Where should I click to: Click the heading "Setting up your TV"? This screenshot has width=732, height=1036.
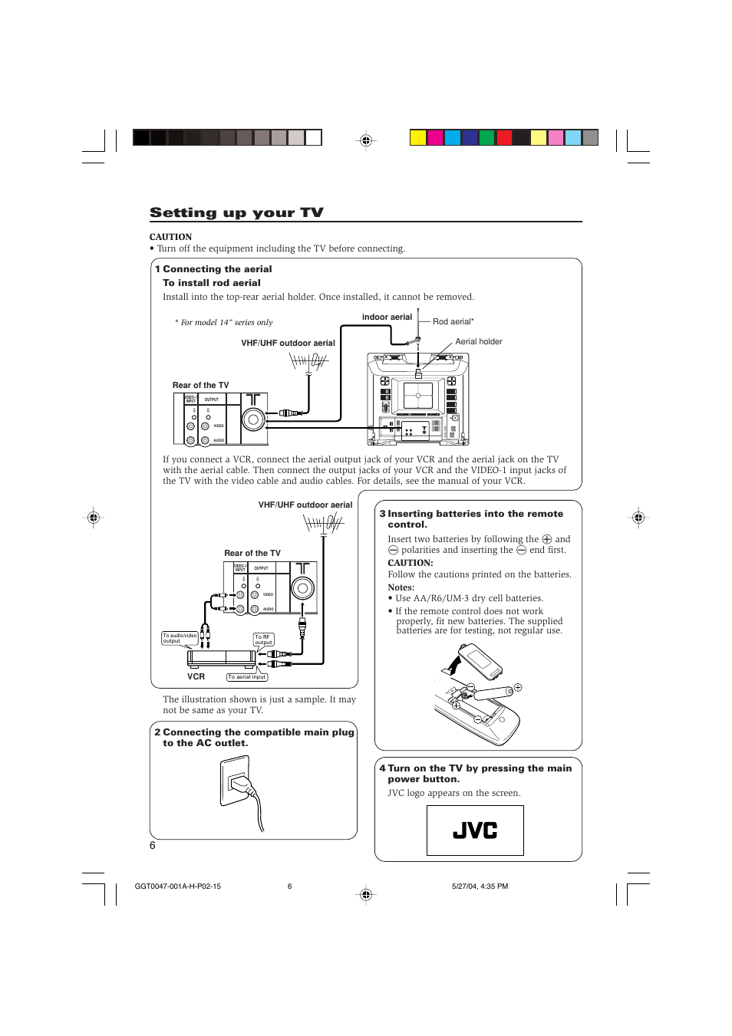coord(236,212)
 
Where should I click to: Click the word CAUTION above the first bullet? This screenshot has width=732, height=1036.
coord(170,237)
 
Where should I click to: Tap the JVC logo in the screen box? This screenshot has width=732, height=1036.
coord(475,830)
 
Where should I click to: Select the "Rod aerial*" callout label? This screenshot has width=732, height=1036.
coord(453,321)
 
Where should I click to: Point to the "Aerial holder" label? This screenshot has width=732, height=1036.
coord(479,341)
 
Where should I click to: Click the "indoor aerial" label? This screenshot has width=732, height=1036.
coord(387,317)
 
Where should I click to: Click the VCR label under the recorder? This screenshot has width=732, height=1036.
coord(196,676)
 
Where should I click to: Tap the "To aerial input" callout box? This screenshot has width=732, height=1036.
coord(246,677)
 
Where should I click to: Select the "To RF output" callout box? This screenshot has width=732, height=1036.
coord(263,640)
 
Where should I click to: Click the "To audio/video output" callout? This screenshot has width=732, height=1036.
coord(180,638)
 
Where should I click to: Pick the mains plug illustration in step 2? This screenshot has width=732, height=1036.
coord(244,790)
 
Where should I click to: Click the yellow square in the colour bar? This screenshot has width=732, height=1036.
coord(417,138)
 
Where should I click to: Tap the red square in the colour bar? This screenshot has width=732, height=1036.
coord(504,138)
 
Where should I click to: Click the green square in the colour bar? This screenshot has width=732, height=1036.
coord(486,138)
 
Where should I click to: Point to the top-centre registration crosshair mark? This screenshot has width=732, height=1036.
coord(366,140)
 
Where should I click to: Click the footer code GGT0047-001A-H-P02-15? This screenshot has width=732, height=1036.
coord(177,886)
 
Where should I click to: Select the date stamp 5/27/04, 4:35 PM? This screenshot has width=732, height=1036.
coord(480,886)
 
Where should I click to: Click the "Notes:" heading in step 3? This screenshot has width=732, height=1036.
coord(401,587)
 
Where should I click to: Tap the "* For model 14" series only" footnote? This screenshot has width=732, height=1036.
coord(223,322)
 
